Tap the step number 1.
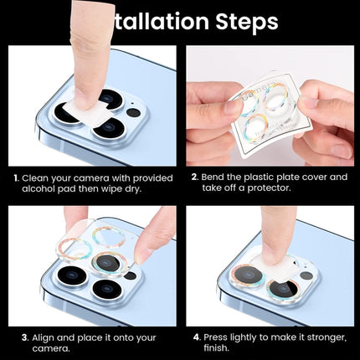tap(15, 178)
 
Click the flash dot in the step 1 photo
tap(134, 112)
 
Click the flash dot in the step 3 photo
tap(130, 275)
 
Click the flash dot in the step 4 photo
tap(307, 275)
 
